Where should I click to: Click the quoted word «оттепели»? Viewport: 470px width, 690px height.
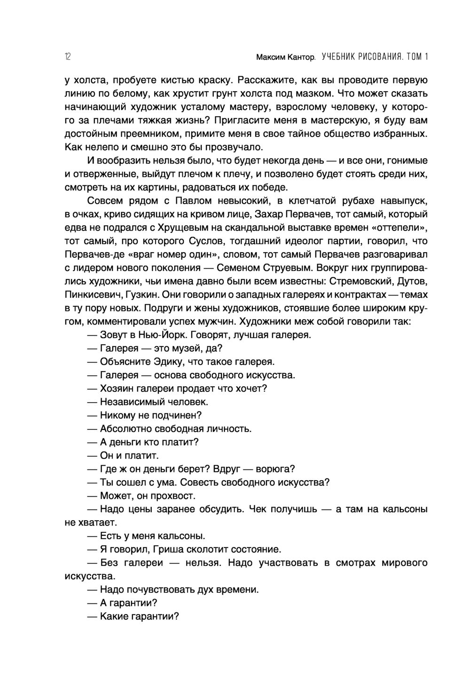click(399, 228)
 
